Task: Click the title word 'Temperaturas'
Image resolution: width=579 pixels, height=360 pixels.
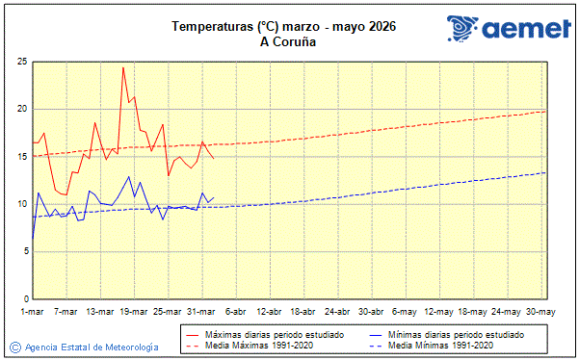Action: click(x=208, y=26)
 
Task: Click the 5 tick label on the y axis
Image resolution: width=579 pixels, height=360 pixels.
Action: click(x=23, y=252)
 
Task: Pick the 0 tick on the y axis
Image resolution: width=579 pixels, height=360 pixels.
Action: click(x=23, y=299)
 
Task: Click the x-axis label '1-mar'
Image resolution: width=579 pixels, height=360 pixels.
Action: click(x=33, y=312)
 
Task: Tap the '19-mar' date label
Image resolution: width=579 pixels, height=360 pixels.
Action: click(x=134, y=312)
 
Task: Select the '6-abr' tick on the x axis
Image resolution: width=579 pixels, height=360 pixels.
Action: click(x=236, y=312)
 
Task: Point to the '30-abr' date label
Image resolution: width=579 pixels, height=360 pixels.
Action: click(x=371, y=312)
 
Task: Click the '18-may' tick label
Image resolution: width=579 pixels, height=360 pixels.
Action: click(x=473, y=312)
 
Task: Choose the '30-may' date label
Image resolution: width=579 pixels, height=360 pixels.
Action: click(x=540, y=312)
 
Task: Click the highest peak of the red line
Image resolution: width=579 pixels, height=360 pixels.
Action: click(x=123, y=67)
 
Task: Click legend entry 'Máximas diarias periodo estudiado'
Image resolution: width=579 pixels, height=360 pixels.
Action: click(x=273, y=333)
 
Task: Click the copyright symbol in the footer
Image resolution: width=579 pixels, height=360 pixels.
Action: click(x=14, y=347)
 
